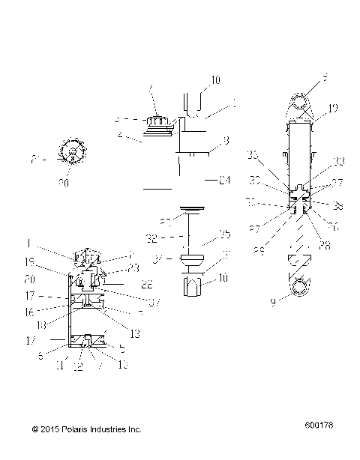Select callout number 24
224,180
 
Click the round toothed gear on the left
72,152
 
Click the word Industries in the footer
115,429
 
